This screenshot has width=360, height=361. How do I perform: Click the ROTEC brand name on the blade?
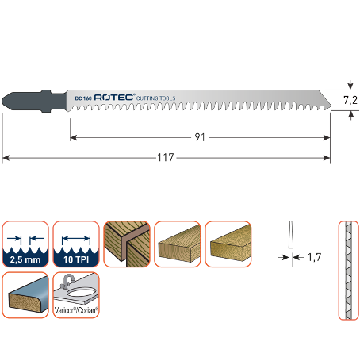114,98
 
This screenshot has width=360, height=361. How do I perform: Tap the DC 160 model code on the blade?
83,98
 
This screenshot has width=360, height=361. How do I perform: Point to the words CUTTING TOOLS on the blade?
156,98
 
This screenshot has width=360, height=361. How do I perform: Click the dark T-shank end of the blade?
34,101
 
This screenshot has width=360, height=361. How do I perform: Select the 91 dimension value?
200,137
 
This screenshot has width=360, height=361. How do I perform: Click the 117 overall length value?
166,157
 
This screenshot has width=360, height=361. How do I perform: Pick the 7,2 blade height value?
350,100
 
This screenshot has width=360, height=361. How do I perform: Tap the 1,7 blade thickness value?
315,257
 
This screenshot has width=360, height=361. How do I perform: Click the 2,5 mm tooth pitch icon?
25,244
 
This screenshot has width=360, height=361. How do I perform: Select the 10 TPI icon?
76,244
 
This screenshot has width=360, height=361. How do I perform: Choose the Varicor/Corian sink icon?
76,295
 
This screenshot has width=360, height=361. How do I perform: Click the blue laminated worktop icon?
25,295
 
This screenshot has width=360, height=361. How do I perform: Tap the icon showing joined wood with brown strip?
127,244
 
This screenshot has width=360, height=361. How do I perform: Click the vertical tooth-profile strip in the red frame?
349,271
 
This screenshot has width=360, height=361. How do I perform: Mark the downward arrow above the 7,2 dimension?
350,85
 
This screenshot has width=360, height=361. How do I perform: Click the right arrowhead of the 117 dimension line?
327,158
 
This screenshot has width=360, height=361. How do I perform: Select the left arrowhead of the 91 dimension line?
74,137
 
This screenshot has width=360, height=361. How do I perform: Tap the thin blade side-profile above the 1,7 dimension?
291,234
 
